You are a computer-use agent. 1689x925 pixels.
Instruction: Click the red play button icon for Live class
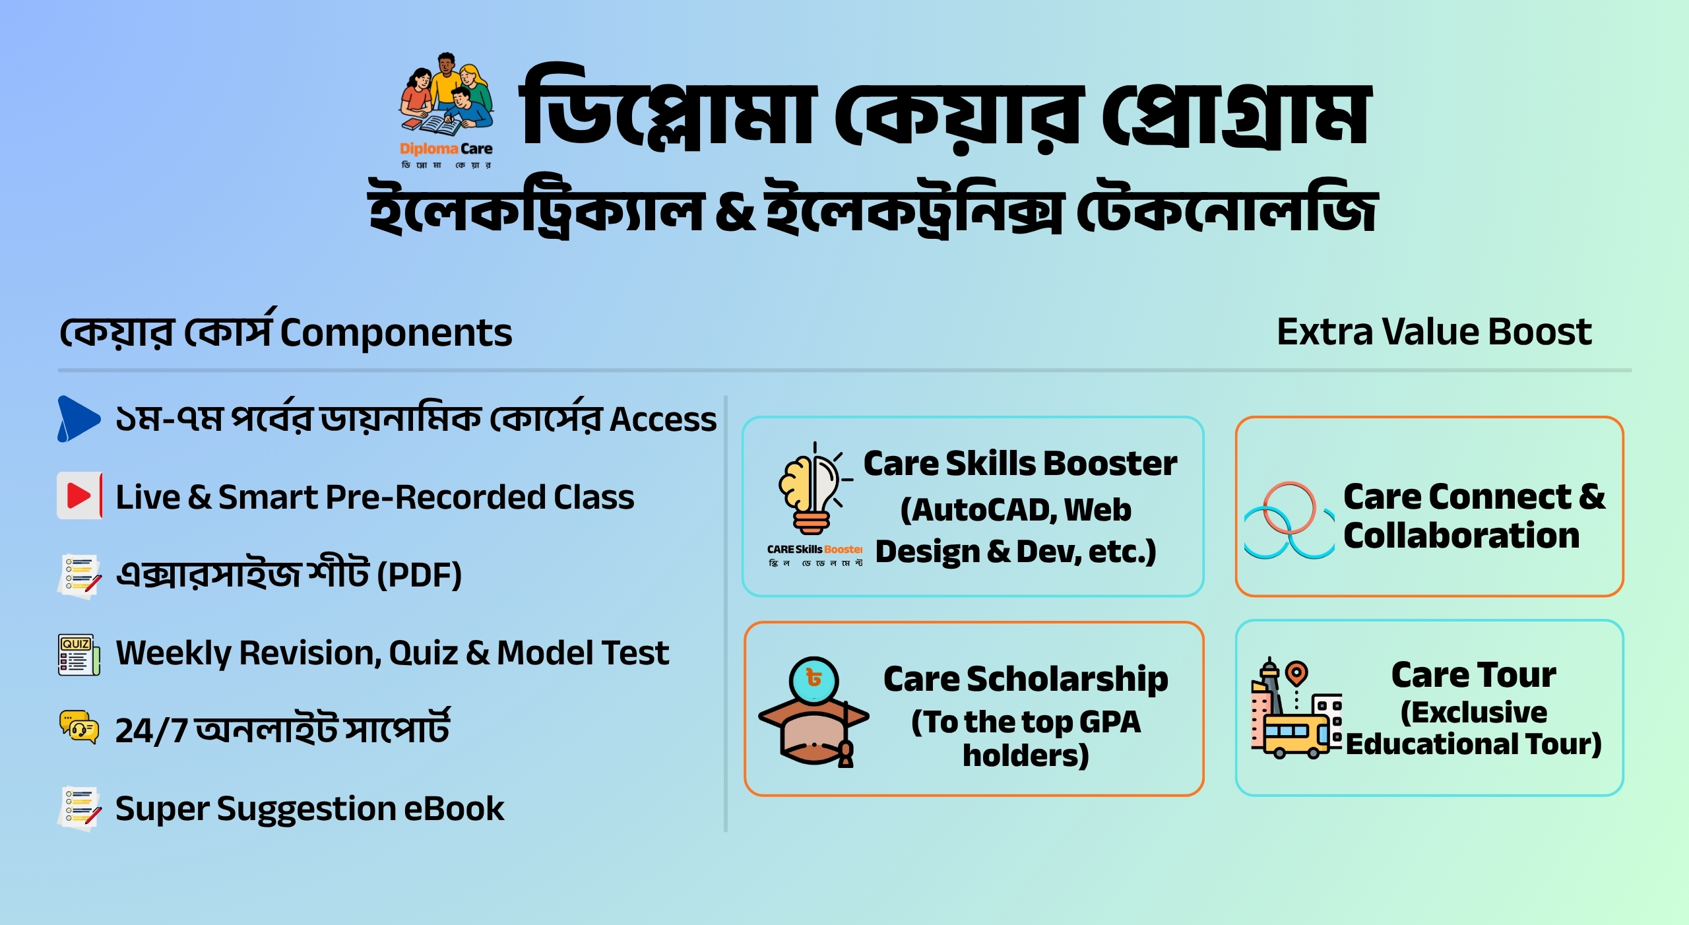pyautogui.click(x=79, y=495)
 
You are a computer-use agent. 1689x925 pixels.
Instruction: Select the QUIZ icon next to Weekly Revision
pyautogui.click(x=79, y=654)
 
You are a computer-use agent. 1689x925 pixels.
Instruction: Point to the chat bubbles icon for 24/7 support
pyautogui.click(x=79, y=727)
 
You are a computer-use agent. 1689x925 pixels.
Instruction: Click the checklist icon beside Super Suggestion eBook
pyautogui.click(x=79, y=808)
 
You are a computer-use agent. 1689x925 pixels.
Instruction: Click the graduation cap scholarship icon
pyautogui.click(x=814, y=713)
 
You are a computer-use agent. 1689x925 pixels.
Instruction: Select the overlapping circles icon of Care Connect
pyautogui.click(x=1287, y=521)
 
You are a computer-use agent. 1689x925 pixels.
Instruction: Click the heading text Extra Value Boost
pyautogui.click(x=1434, y=331)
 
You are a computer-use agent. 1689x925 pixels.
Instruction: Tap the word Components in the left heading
pyautogui.click(x=396, y=333)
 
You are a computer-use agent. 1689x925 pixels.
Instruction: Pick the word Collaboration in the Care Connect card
pyautogui.click(x=1461, y=535)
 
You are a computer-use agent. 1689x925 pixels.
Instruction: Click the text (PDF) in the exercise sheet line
pyautogui.click(x=419, y=575)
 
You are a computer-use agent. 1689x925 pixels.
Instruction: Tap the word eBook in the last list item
pyautogui.click(x=454, y=809)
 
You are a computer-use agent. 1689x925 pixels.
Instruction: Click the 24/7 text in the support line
pyautogui.click(x=152, y=731)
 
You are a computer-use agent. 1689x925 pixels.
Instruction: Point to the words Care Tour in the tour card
pyautogui.click(x=1473, y=675)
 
